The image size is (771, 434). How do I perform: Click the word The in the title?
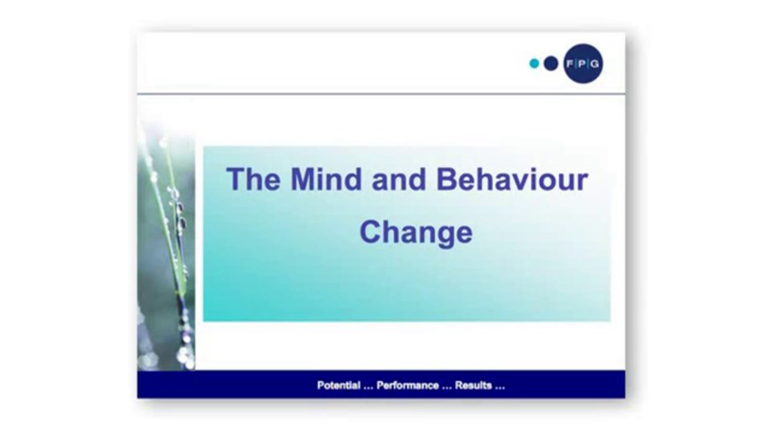pos(253,179)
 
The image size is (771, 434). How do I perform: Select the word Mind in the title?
pos(326,179)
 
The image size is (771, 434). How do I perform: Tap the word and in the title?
pos(399,179)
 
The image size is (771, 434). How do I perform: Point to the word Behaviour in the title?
pos(512,179)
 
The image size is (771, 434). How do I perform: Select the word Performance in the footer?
pos(407,385)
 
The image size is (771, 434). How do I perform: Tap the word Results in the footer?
pos(473,385)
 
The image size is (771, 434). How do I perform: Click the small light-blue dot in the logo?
pos(534,63)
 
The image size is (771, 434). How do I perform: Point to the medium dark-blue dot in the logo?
pos(551,63)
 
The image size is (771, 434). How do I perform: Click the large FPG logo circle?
pos(583,64)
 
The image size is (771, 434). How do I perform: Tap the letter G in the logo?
pos(595,64)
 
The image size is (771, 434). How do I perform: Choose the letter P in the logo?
pos(582,64)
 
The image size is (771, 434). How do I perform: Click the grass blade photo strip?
pos(166,244)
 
